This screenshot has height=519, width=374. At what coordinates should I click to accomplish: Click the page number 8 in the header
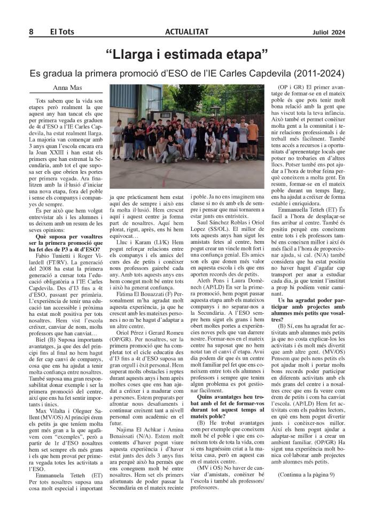tap(31, 32)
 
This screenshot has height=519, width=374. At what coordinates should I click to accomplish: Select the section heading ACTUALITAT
tap(186, 32)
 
